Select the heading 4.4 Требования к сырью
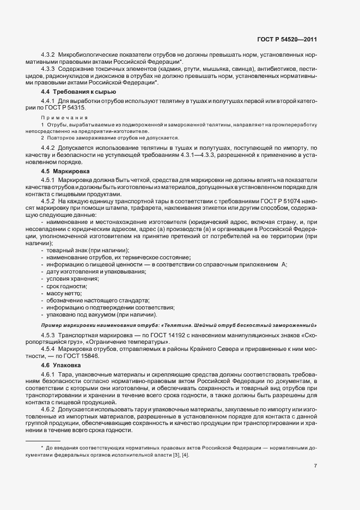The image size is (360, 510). (72, 92)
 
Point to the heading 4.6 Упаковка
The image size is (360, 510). (62, 365)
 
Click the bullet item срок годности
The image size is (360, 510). (66, 286)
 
